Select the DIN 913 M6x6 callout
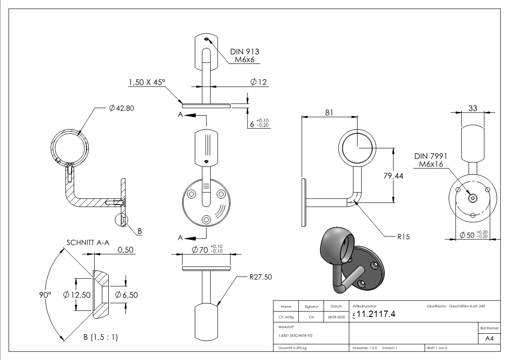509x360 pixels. point(244,56)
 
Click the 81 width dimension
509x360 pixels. point(329,112)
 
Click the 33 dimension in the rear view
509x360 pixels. point(473,108)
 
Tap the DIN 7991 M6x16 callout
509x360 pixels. point(431,160)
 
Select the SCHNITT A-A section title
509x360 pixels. point(88,243)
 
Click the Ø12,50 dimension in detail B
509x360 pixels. point(77,295)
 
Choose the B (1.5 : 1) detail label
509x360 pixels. point(100,337)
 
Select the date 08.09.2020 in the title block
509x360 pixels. point(336,317)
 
